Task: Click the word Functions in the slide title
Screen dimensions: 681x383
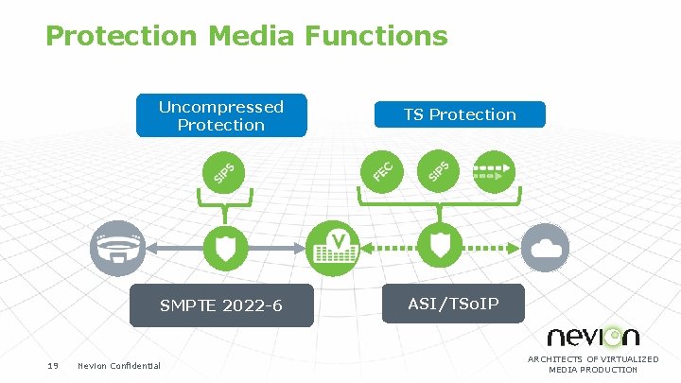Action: click(x=375, y=36)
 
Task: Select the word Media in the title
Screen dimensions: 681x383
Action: click(x=252, y=36)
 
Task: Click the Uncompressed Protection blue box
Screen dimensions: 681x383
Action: click(x=221, y=115)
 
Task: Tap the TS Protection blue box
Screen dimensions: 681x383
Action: click(x=460, y=114)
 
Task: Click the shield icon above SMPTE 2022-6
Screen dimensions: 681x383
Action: click(x=222, y=247)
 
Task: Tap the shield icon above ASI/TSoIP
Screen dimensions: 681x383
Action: click(x=440, y=246)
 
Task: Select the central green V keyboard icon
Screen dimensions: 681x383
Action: click(x=334, y=246)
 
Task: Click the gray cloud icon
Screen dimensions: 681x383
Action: click(x=549, y=247)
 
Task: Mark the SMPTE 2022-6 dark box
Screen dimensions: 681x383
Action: click(x=221, y=305)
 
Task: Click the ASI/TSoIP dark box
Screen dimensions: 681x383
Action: click(x=453, y=304)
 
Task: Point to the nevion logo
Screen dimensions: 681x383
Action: click(x=593, y=336)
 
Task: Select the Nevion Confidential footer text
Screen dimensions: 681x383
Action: click(x=119, y=366)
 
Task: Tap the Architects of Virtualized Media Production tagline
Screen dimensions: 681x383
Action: click(x=593, y=364)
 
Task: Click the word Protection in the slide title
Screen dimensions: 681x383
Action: click(x=122, y=36)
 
